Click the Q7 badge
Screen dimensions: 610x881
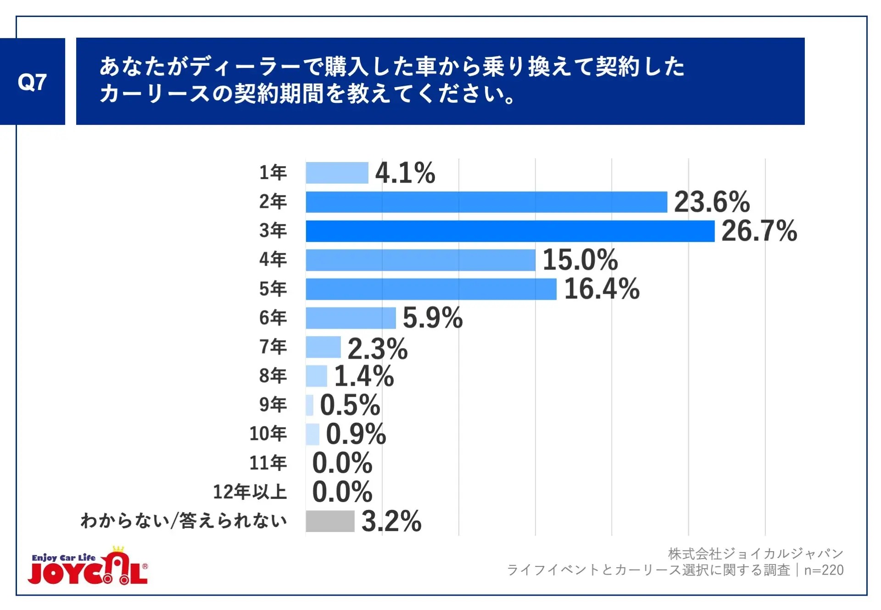click(32, 82)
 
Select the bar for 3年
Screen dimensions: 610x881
click(510, 231)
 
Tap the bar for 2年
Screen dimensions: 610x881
click(486, 202)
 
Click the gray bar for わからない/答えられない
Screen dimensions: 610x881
click(330, 521)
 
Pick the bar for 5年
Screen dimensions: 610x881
click(431, 289)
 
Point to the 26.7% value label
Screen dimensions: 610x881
click(759, 231)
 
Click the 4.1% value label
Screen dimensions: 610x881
click(405, 173)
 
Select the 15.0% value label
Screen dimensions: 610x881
click(580, 260)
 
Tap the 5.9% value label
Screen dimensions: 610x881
click(432, 318)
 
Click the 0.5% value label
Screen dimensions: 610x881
click(350, 405)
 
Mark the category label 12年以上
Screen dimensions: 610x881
click(250, 492)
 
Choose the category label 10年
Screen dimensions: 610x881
click(268, 434)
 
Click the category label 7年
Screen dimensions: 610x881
click(273, 347)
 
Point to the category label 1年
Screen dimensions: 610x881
click(273, 173)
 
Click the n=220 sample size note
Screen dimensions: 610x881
click(824, 570)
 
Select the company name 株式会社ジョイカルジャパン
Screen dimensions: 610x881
click(755, 554)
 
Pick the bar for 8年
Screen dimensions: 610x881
click(316, 376)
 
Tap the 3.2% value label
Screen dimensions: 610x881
click(391, 521)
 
